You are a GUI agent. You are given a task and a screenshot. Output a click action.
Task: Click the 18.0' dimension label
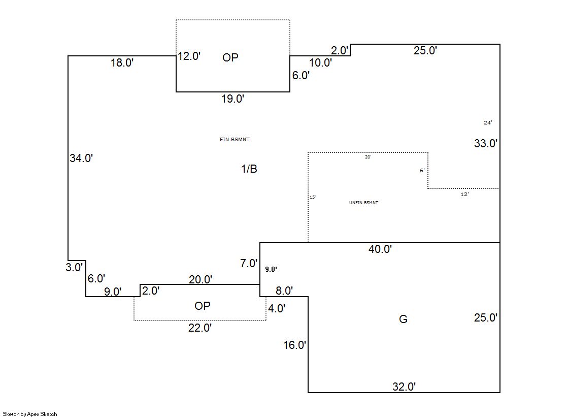(x=122, y=63)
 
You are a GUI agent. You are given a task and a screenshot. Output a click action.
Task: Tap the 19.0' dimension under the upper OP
(x=233, y=99)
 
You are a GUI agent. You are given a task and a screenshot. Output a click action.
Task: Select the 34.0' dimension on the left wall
(x=81, y=158)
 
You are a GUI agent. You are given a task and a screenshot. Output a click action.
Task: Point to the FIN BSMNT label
(x=235, y=140)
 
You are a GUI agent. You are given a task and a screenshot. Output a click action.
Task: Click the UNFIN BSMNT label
(x=363, y=203)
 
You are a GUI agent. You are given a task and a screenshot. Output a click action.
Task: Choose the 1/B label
(x=249, y=169)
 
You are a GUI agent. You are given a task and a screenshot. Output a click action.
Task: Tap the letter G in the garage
(x=403, y=319)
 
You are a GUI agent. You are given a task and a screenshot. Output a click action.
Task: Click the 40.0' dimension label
(x=380, y=249)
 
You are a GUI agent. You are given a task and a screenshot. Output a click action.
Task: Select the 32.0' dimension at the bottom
(x=404, y=387)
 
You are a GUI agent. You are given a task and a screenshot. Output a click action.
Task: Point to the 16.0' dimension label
(x=294, y=345)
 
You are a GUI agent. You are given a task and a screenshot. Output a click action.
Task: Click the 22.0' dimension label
(x=200, y=328)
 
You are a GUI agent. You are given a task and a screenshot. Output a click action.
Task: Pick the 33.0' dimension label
(x=486, y=144)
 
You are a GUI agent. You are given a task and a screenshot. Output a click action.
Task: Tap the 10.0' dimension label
(x=320, y=63)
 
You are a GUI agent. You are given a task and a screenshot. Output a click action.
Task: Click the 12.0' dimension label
(x=189, y=56)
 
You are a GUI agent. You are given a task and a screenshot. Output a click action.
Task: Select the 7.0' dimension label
(x=249, y=264)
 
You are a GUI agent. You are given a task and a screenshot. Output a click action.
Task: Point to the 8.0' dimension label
(x=284, y=291)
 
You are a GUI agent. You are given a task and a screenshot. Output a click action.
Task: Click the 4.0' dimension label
(x=277, y=308)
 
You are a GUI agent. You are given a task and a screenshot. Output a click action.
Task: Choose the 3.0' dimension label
(x=74, y=268)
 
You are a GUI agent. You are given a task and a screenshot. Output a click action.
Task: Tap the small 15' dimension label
(x=313, y=197)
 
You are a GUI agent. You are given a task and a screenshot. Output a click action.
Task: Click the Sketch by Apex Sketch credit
(x=30, y=414)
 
